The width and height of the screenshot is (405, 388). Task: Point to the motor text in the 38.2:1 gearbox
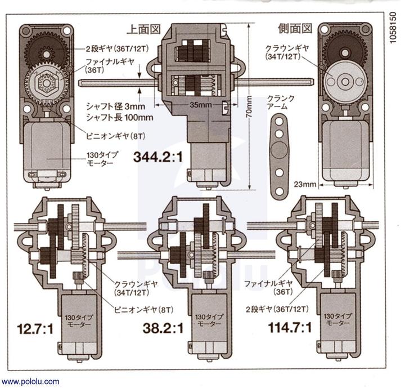pos(205,320)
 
